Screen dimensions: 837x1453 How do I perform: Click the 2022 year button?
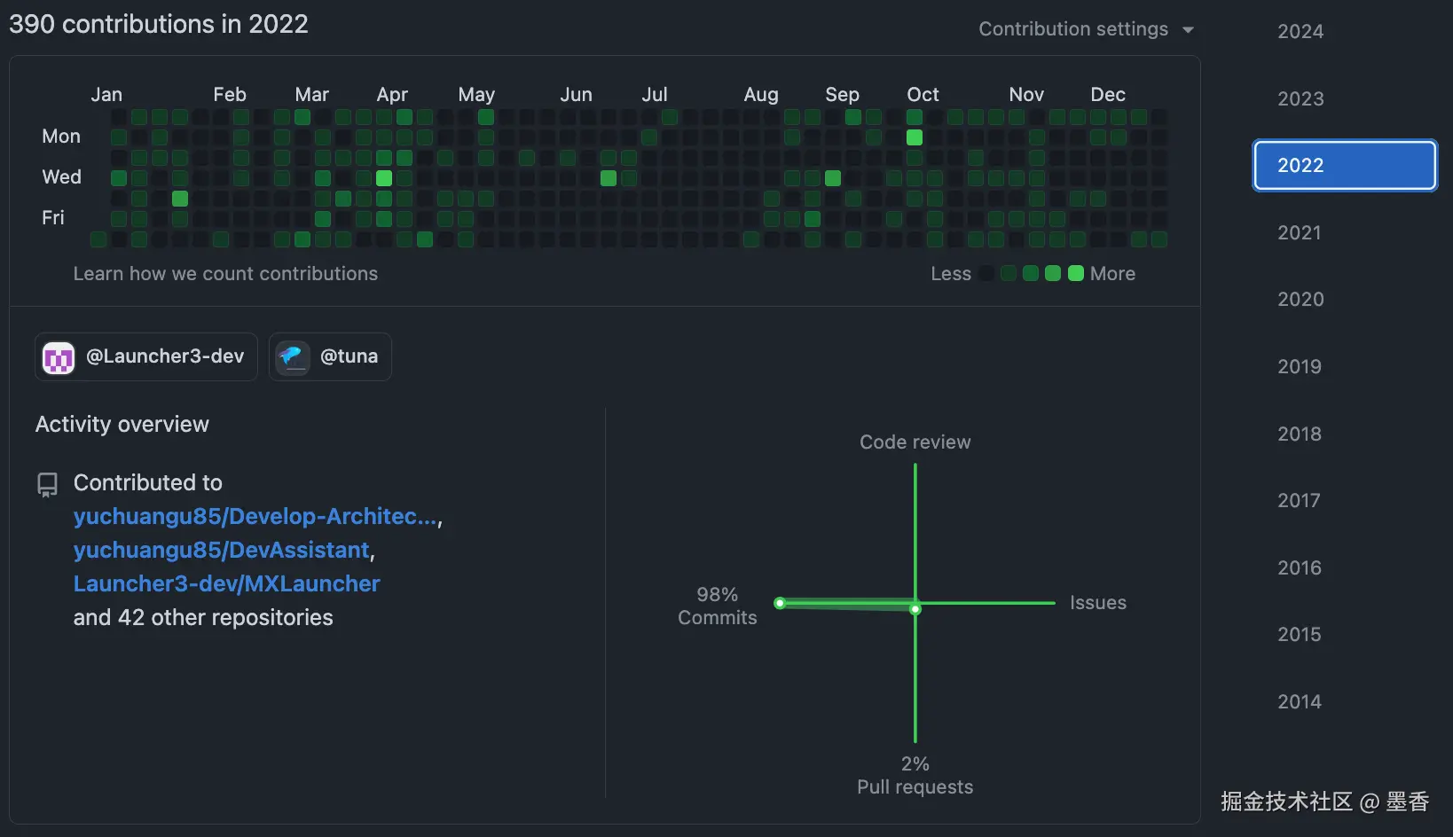(x=1344, y=165)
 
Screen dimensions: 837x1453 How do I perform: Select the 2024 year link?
(x=1300, y=31)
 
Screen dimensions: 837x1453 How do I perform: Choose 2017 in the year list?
(x=1299, y=500)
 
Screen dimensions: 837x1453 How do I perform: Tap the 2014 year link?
(x=1299, y=701)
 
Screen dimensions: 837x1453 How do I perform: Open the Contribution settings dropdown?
(x=1086, y=29)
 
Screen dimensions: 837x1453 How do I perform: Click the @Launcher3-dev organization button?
(x=146, y=356)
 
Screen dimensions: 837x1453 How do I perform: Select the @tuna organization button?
(x=330, y=356)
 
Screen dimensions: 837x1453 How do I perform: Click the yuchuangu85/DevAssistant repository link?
(x=221, y=550)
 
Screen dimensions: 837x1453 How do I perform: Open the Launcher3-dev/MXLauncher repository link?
(x=226, y=583)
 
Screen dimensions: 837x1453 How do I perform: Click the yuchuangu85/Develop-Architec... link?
(x=255, y=516)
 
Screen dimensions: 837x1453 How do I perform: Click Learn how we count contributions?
(x=225, y=274)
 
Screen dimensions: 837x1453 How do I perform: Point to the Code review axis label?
(x=915, y=442)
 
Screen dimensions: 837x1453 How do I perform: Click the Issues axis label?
(x=1097, y=603)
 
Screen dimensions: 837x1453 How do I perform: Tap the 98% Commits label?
(x=717, y=606)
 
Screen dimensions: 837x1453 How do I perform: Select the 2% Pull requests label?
(x=915, y=775)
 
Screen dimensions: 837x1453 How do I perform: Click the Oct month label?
(x=923, y=94)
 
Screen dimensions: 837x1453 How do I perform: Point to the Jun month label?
(x=576, y=94)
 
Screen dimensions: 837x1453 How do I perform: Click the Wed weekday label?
(x=61, y=176)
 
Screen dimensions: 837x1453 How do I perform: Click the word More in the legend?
(x=1112, y=274)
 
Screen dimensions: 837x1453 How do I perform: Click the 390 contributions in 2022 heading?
(x=159, y=24)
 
